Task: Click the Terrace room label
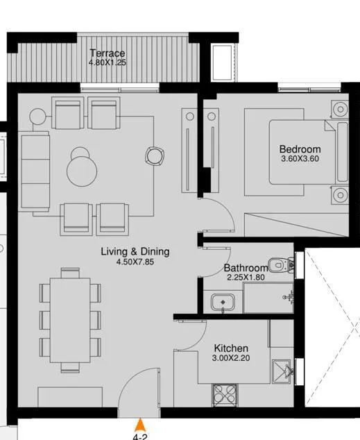107,53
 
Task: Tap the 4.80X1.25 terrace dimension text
107,63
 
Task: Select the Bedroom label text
300,149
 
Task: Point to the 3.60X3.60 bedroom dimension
300,160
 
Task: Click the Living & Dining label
135,252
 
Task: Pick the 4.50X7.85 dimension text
135,262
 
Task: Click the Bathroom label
246,268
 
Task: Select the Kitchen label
231,348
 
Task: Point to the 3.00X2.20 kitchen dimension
232,359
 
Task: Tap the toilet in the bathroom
279,264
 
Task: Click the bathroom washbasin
223,303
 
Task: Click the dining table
71,318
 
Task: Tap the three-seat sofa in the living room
35,173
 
